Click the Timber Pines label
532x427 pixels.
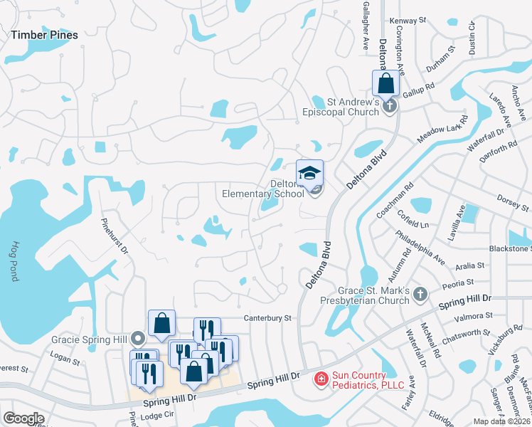pos(44,33)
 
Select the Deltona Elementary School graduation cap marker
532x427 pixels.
pos(309,173)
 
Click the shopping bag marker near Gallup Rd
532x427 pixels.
pos(385,83)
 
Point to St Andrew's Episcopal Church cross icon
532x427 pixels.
pos(388,107)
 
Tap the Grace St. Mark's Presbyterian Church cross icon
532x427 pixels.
pos(420,293)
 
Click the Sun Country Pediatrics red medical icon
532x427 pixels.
pos(321,379)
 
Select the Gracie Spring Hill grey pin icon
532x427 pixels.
pos(139,339)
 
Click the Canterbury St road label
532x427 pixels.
pos(268,318)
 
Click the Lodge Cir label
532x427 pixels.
pos(158,415)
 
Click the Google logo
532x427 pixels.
pos(24,418)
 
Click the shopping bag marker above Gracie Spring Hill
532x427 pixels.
pos(161,323)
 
